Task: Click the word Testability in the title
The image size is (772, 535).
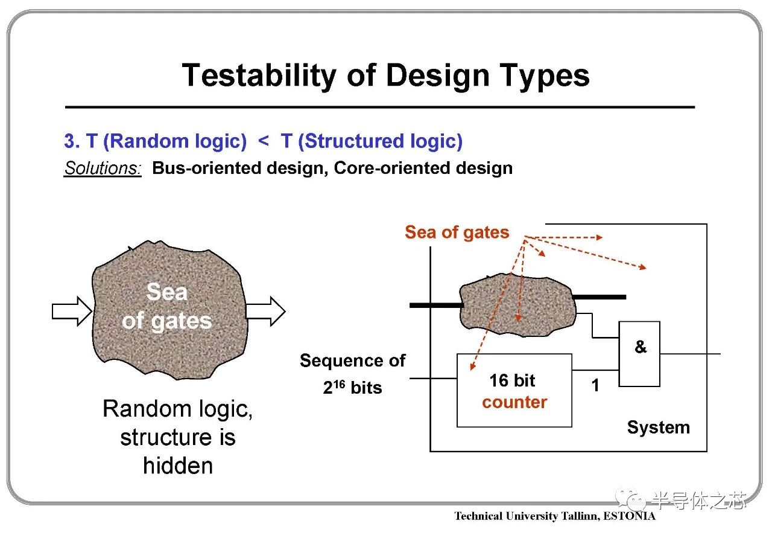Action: tap(259, 76)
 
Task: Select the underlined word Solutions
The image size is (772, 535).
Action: tap(103, 168)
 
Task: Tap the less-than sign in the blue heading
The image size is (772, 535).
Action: tap(264, 141)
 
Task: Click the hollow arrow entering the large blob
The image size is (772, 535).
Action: tap(72, 311)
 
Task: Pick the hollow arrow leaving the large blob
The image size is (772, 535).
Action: tap(266, 311)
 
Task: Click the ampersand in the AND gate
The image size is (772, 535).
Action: tap(641, 346)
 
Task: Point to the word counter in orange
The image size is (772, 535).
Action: tap(514, 403)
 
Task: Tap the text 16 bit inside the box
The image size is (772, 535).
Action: tap(512, 380)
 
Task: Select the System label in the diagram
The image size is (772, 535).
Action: tap(659, 428)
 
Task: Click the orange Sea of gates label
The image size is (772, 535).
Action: tap(457, 232)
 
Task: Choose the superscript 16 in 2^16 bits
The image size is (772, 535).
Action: tap(339, 383)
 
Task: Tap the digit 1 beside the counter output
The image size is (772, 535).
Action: tap(595, 385)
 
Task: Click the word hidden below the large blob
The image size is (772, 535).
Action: tap(178, 466)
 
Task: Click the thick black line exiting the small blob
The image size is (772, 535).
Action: tap(599, 297)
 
